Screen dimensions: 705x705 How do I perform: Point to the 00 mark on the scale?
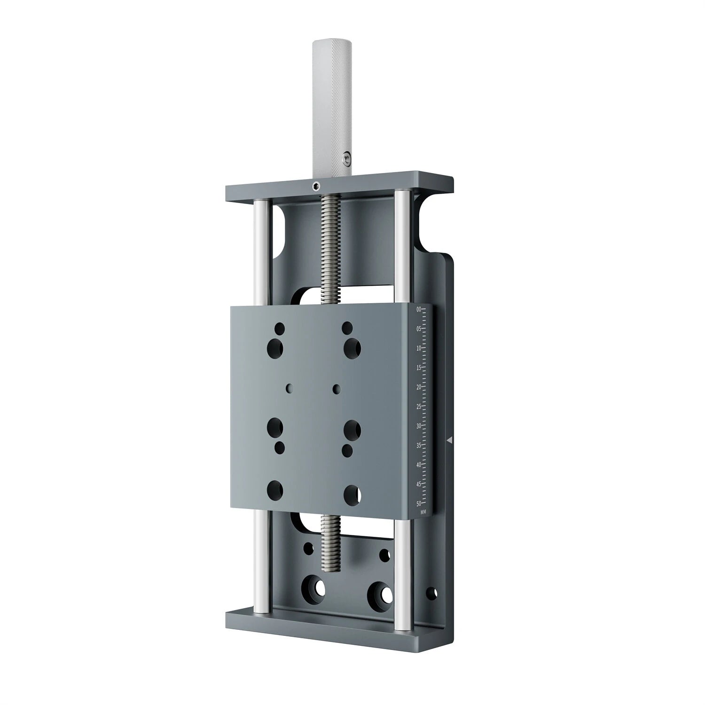(419, 309)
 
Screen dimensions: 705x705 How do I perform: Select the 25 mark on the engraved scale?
(419, 407)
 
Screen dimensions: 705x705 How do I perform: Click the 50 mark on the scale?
(419, 503)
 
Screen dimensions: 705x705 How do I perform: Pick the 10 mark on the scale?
(419, 348)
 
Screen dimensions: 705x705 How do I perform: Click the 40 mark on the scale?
(419, 465)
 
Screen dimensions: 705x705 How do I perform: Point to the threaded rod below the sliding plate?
(331, 545)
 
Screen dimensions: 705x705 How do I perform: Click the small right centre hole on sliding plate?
(337, 388)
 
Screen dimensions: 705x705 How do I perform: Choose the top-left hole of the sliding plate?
(280, 327)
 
